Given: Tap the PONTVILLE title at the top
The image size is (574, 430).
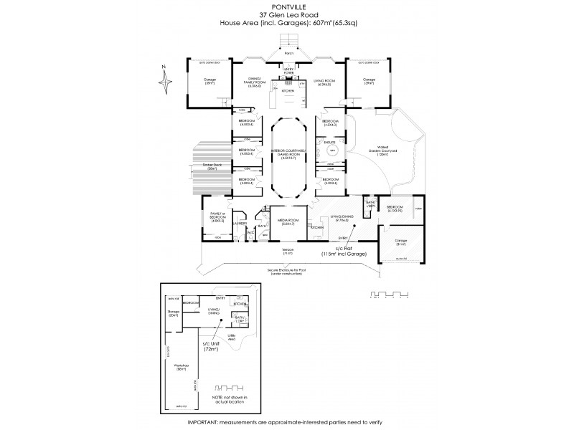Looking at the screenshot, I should [x=286, y=8].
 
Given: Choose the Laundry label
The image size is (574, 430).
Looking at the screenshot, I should [x=239, y=224].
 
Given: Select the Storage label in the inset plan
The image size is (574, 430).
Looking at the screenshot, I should [x=173, y=313].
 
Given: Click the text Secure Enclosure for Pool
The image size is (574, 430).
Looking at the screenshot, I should [x=288, y=269].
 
